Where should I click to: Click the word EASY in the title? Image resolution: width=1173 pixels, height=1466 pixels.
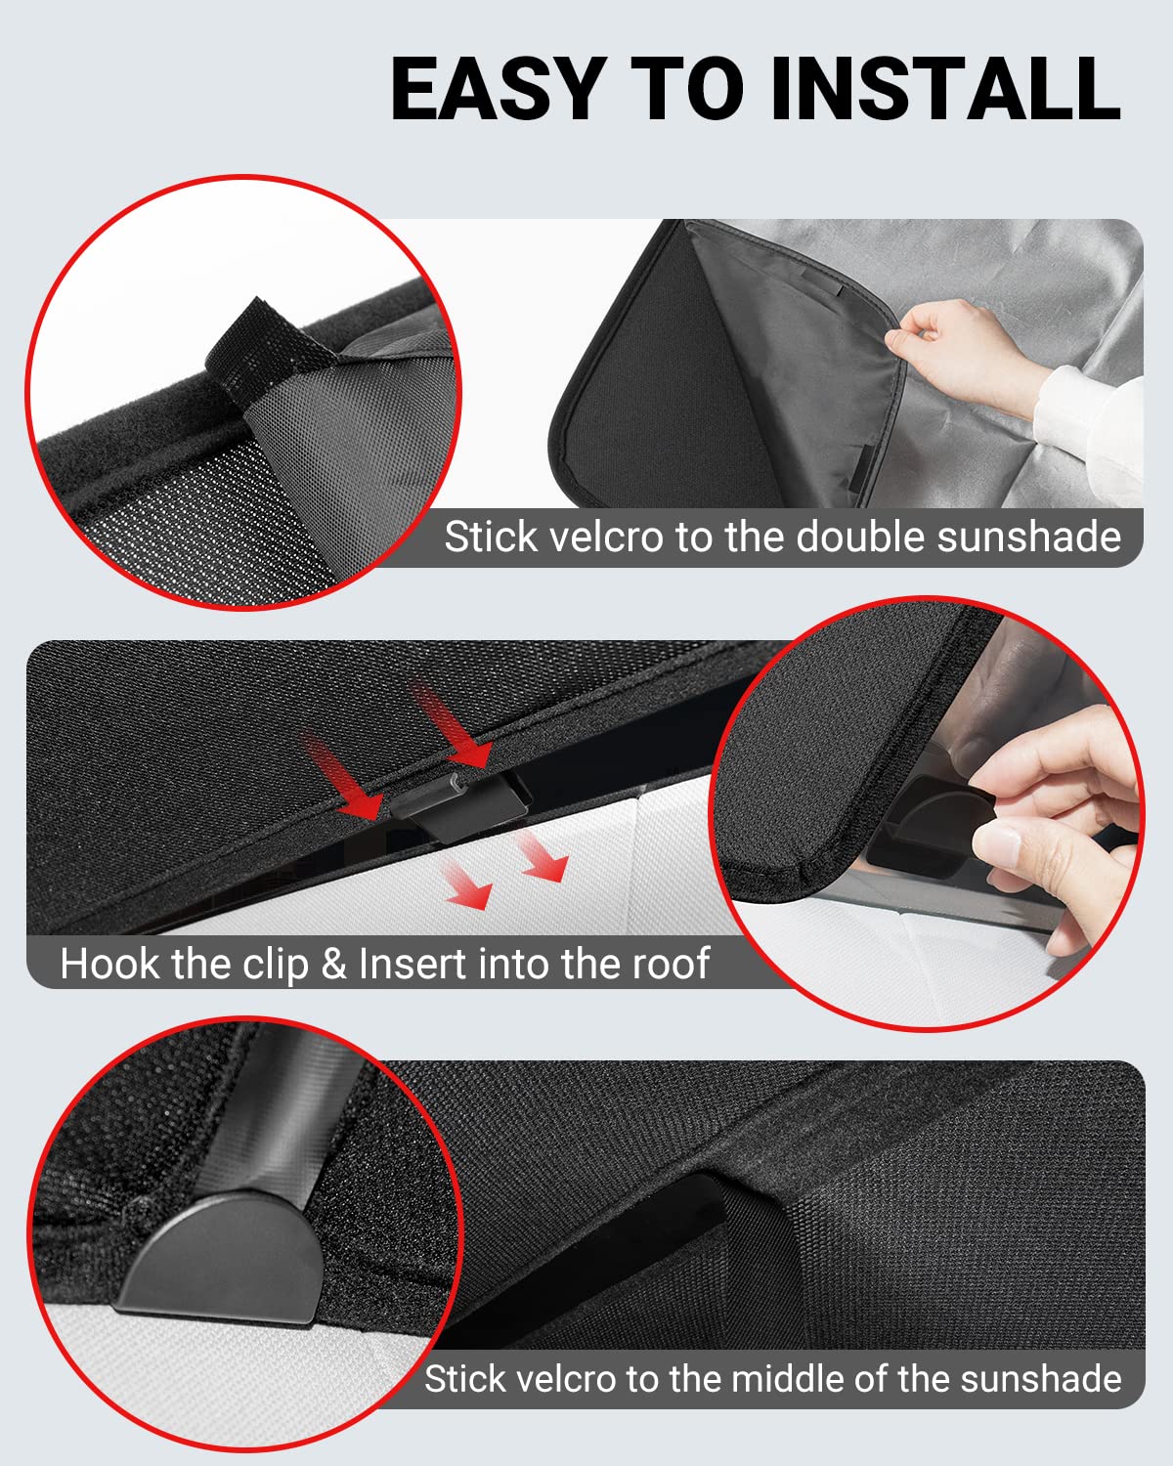coord(495,89)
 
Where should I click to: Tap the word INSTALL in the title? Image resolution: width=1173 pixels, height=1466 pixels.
coord(944,89)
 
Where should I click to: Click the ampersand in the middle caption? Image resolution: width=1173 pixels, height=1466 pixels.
coord(334,965)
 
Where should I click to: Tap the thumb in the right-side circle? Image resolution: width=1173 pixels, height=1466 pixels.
coord(1026,841)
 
